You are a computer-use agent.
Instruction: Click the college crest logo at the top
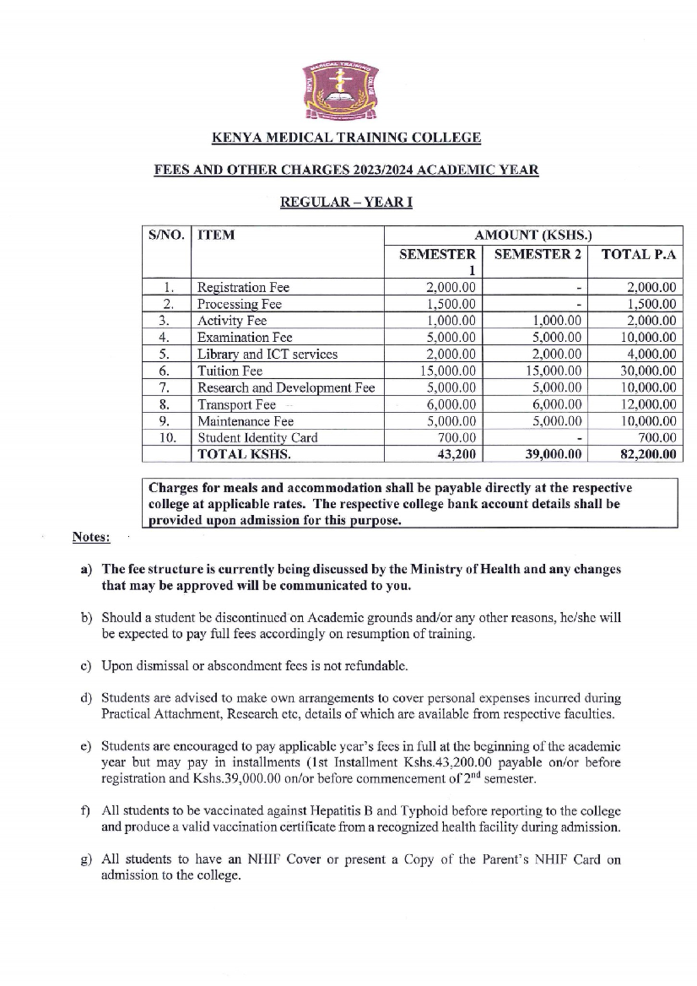coord(341,93)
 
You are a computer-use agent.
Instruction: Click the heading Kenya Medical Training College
coord(346,138)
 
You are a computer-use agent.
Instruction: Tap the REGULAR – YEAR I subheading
coord(346,202)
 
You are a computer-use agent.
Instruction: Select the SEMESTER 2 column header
coord(537,254)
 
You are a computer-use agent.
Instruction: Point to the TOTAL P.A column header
coord(638,254)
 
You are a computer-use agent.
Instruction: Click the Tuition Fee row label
coord(230,371)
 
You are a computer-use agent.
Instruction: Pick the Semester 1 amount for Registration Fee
coord(451,287)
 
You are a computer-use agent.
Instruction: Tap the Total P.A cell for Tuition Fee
coord(648,371)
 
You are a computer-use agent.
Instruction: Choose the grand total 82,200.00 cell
coord(648,454)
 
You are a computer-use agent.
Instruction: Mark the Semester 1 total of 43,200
coord(457,454)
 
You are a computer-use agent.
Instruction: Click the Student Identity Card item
coord(257,438)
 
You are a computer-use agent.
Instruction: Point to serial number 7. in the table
coord(164,388)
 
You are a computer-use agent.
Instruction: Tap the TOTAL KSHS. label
coord(244,454)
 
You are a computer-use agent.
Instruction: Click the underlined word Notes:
coord(91,537)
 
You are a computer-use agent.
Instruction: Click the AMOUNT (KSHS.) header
coord(533,235)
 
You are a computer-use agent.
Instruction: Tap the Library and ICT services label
coord(267,354)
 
